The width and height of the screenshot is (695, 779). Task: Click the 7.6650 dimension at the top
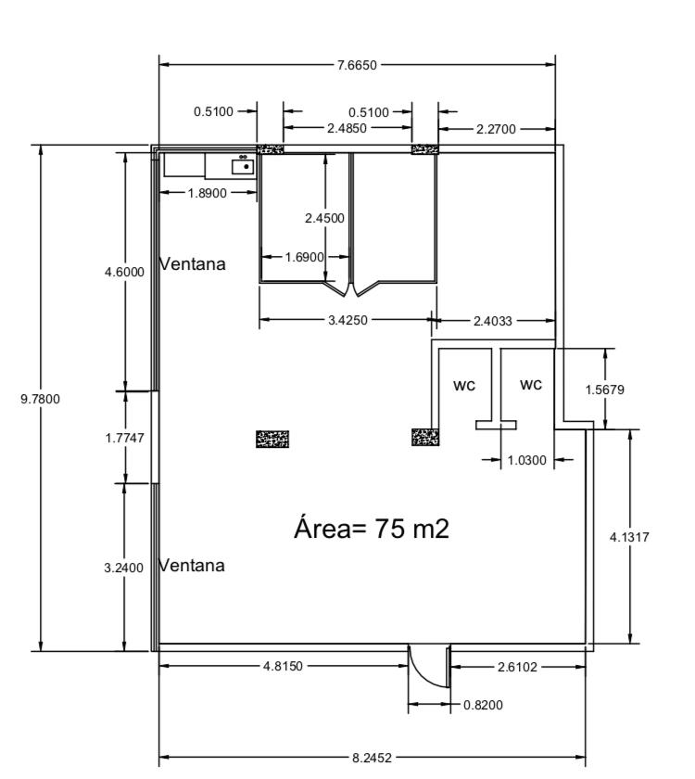click(357, 65)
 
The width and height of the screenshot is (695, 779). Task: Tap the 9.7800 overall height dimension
click(40, 399)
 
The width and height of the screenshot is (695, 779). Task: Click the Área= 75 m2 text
click(372, 528)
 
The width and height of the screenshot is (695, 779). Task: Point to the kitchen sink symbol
click(243, 165)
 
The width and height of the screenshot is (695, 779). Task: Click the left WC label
click(464, 386)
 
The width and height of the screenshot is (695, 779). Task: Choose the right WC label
click(531, 385)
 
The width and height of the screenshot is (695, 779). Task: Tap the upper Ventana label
click(193, 263)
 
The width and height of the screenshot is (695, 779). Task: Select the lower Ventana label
click(192, 565)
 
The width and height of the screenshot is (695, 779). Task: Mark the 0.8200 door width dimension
click(483, 705)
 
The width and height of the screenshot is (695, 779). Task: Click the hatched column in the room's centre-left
click(272, 440)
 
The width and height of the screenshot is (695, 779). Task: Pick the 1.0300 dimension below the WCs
click(526, 461)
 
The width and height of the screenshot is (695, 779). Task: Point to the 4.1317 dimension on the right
click(629, 537)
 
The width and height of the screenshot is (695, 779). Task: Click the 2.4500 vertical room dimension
click(324, 218)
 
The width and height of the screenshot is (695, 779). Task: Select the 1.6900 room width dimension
click(305, 258)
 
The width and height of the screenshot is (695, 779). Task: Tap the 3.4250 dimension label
click(348, 321)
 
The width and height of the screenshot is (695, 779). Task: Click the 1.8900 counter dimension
click(208, 193)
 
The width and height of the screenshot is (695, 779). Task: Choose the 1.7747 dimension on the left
click(124, 438)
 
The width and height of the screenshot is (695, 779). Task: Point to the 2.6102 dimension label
click(517, 667)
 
